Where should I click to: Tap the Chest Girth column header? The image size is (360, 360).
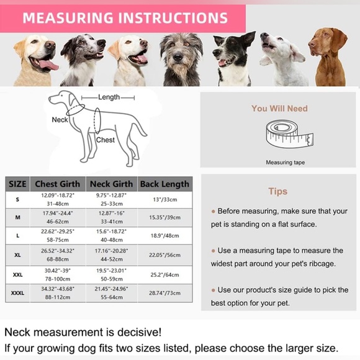tap(58, 184)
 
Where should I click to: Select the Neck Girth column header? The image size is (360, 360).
tap(111, 184)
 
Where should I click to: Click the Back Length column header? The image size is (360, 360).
tap(164, 184)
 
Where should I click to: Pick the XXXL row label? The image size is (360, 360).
tap(17, 292)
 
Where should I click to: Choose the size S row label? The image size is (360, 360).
tap(17, 199)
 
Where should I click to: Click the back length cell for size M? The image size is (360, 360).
tap(164, 218)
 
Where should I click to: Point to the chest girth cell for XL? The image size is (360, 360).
tap(58, 255)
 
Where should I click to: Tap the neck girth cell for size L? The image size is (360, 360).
tap(111, 236)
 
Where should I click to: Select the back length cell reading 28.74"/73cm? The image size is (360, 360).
tap(164, 292)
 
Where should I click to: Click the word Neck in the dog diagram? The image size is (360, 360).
tap(60, 120)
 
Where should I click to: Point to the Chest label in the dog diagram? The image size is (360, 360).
tap(106, 140)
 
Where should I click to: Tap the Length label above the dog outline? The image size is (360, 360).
tap(109, 97)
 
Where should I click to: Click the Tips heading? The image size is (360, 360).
tap(278, 192)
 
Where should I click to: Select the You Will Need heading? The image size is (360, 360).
tap(279, 109)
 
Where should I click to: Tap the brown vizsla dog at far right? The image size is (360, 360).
tap(330, 56)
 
